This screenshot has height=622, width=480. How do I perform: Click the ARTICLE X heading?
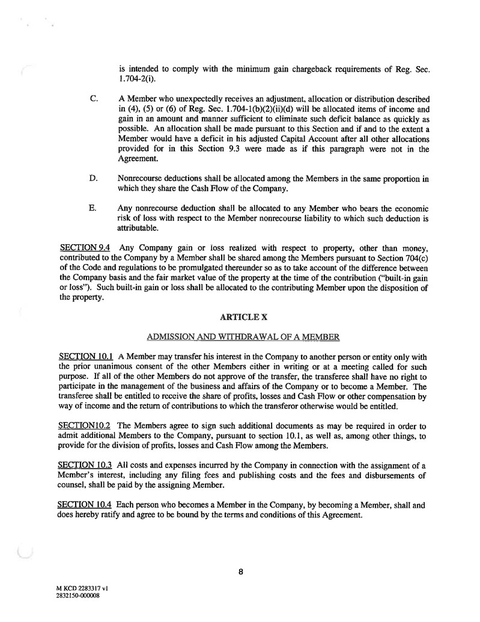[x=240, y=317]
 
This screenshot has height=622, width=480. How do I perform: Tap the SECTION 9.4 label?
[x=80, y=247]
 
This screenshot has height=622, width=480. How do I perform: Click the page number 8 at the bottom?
[x=240, y=572]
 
